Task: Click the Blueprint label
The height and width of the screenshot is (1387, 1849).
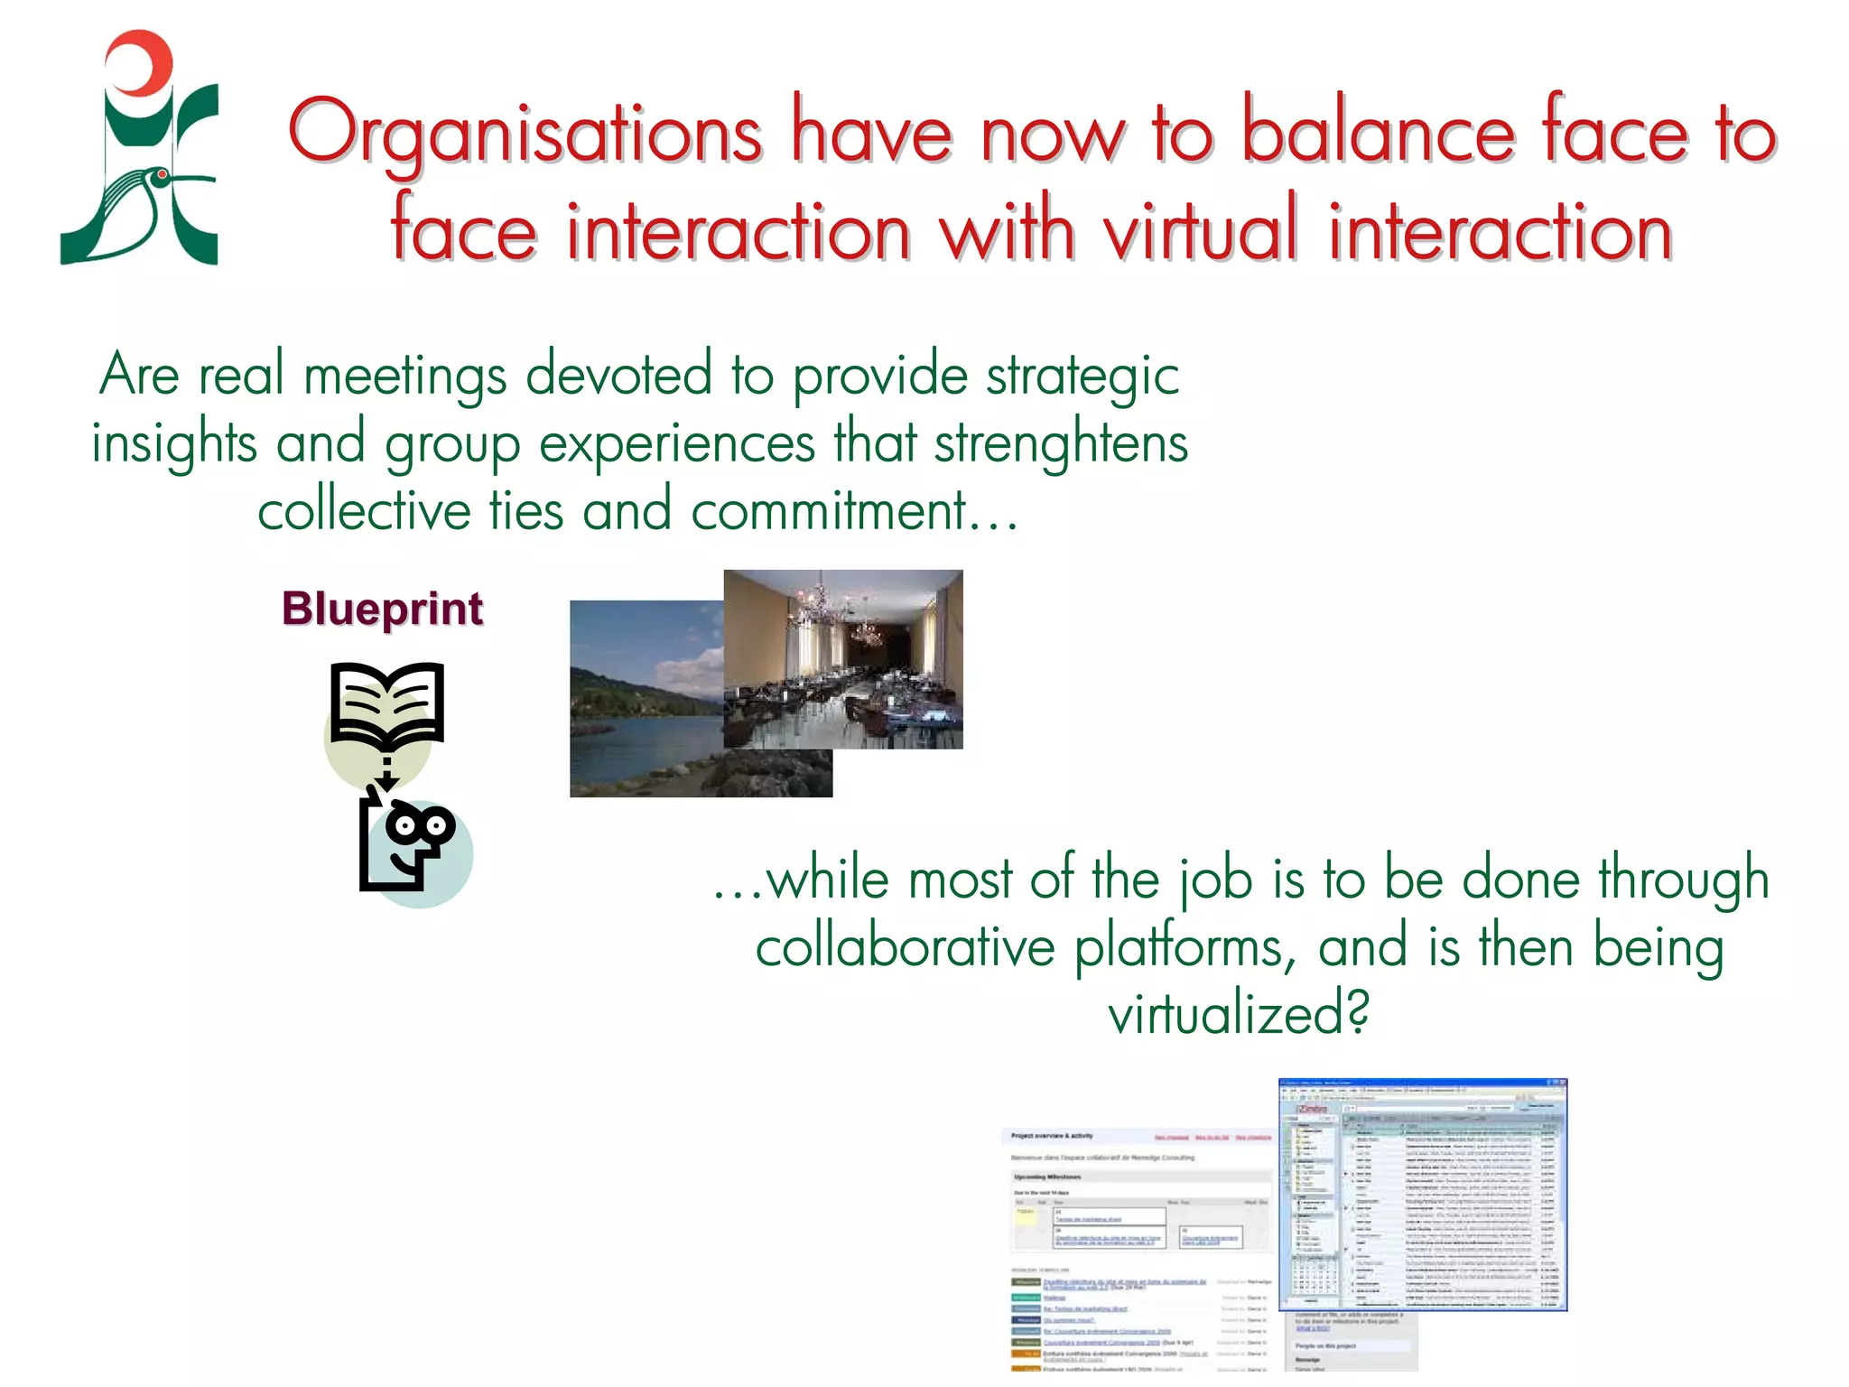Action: point(382,609)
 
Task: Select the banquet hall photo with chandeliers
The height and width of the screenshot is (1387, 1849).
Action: point(843,658)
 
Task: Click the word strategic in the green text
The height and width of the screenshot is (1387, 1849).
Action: point(1082,376)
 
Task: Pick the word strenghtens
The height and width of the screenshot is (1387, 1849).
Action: point(1061,443)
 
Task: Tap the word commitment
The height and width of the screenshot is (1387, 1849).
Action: point(828,511)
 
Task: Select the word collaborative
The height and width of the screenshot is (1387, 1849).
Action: point(905,947)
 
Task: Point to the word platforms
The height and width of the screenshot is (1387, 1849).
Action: point(1185,947)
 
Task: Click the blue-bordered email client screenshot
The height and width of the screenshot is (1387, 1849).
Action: point(1423,1194)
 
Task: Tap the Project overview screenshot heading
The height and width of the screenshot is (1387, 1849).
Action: point(1052,1136)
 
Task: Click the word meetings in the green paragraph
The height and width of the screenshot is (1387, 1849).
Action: point(405,376)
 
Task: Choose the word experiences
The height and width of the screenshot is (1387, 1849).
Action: point(677,443)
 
